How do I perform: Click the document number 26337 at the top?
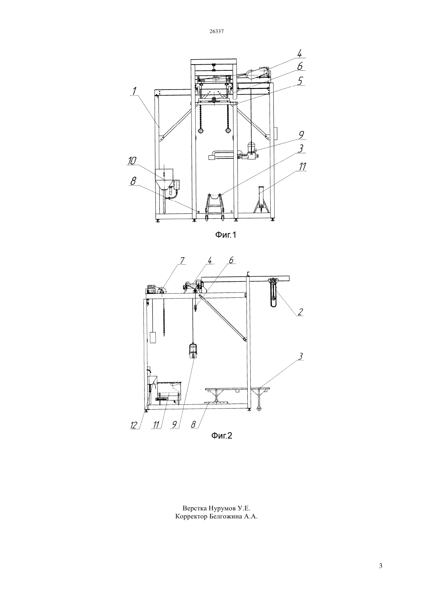[216, 31]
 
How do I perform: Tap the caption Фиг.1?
[226, 235]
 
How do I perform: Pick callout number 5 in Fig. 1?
[300, 81]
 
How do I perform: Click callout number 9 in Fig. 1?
[301, 135]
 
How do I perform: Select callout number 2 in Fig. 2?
[300, 312]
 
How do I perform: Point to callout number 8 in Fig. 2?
[193, 424]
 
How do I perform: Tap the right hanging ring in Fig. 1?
[228, 131]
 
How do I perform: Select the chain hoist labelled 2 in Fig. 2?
[274, 293]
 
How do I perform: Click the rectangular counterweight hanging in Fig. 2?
[153, 337]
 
